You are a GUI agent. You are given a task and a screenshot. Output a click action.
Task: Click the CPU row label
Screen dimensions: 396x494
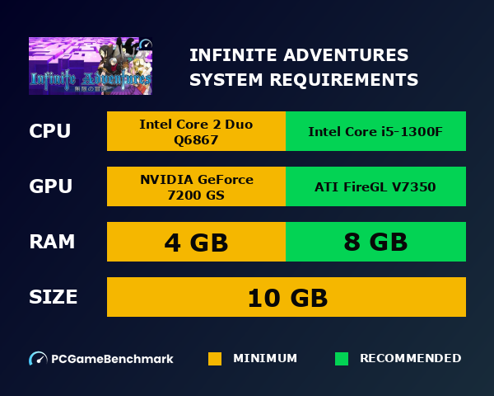50,131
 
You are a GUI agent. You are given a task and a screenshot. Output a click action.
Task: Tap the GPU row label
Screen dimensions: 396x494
50,186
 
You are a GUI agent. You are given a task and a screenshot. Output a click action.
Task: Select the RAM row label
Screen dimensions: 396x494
52,242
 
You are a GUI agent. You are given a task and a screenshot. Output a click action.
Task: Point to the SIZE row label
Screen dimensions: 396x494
54,297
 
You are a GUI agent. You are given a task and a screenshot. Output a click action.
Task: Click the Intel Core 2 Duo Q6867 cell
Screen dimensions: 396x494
196,131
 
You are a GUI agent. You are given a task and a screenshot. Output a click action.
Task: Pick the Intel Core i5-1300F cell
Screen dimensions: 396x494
375,131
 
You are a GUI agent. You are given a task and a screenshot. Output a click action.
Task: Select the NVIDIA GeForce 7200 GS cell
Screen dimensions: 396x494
196,186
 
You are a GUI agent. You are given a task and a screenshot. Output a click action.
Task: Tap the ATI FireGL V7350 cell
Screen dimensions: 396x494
375,186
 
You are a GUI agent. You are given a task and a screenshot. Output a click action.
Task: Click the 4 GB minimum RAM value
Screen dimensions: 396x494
196,242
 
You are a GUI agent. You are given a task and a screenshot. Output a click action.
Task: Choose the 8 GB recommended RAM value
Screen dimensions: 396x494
375,242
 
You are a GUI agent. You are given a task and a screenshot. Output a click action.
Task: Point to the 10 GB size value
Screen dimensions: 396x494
287,297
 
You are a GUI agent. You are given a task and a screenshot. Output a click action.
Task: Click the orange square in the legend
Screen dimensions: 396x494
215,359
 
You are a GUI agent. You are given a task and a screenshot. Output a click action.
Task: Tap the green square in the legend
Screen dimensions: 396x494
342,359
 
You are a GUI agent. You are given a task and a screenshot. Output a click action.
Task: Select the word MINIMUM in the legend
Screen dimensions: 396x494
265,359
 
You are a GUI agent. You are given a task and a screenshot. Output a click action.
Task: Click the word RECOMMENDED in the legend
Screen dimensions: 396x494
410,359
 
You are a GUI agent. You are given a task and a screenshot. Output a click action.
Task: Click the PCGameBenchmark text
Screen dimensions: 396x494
113,359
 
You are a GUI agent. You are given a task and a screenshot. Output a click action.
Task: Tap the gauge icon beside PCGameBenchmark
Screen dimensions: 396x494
38,359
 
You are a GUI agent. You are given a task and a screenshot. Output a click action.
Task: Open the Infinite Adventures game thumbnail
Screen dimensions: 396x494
91,65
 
